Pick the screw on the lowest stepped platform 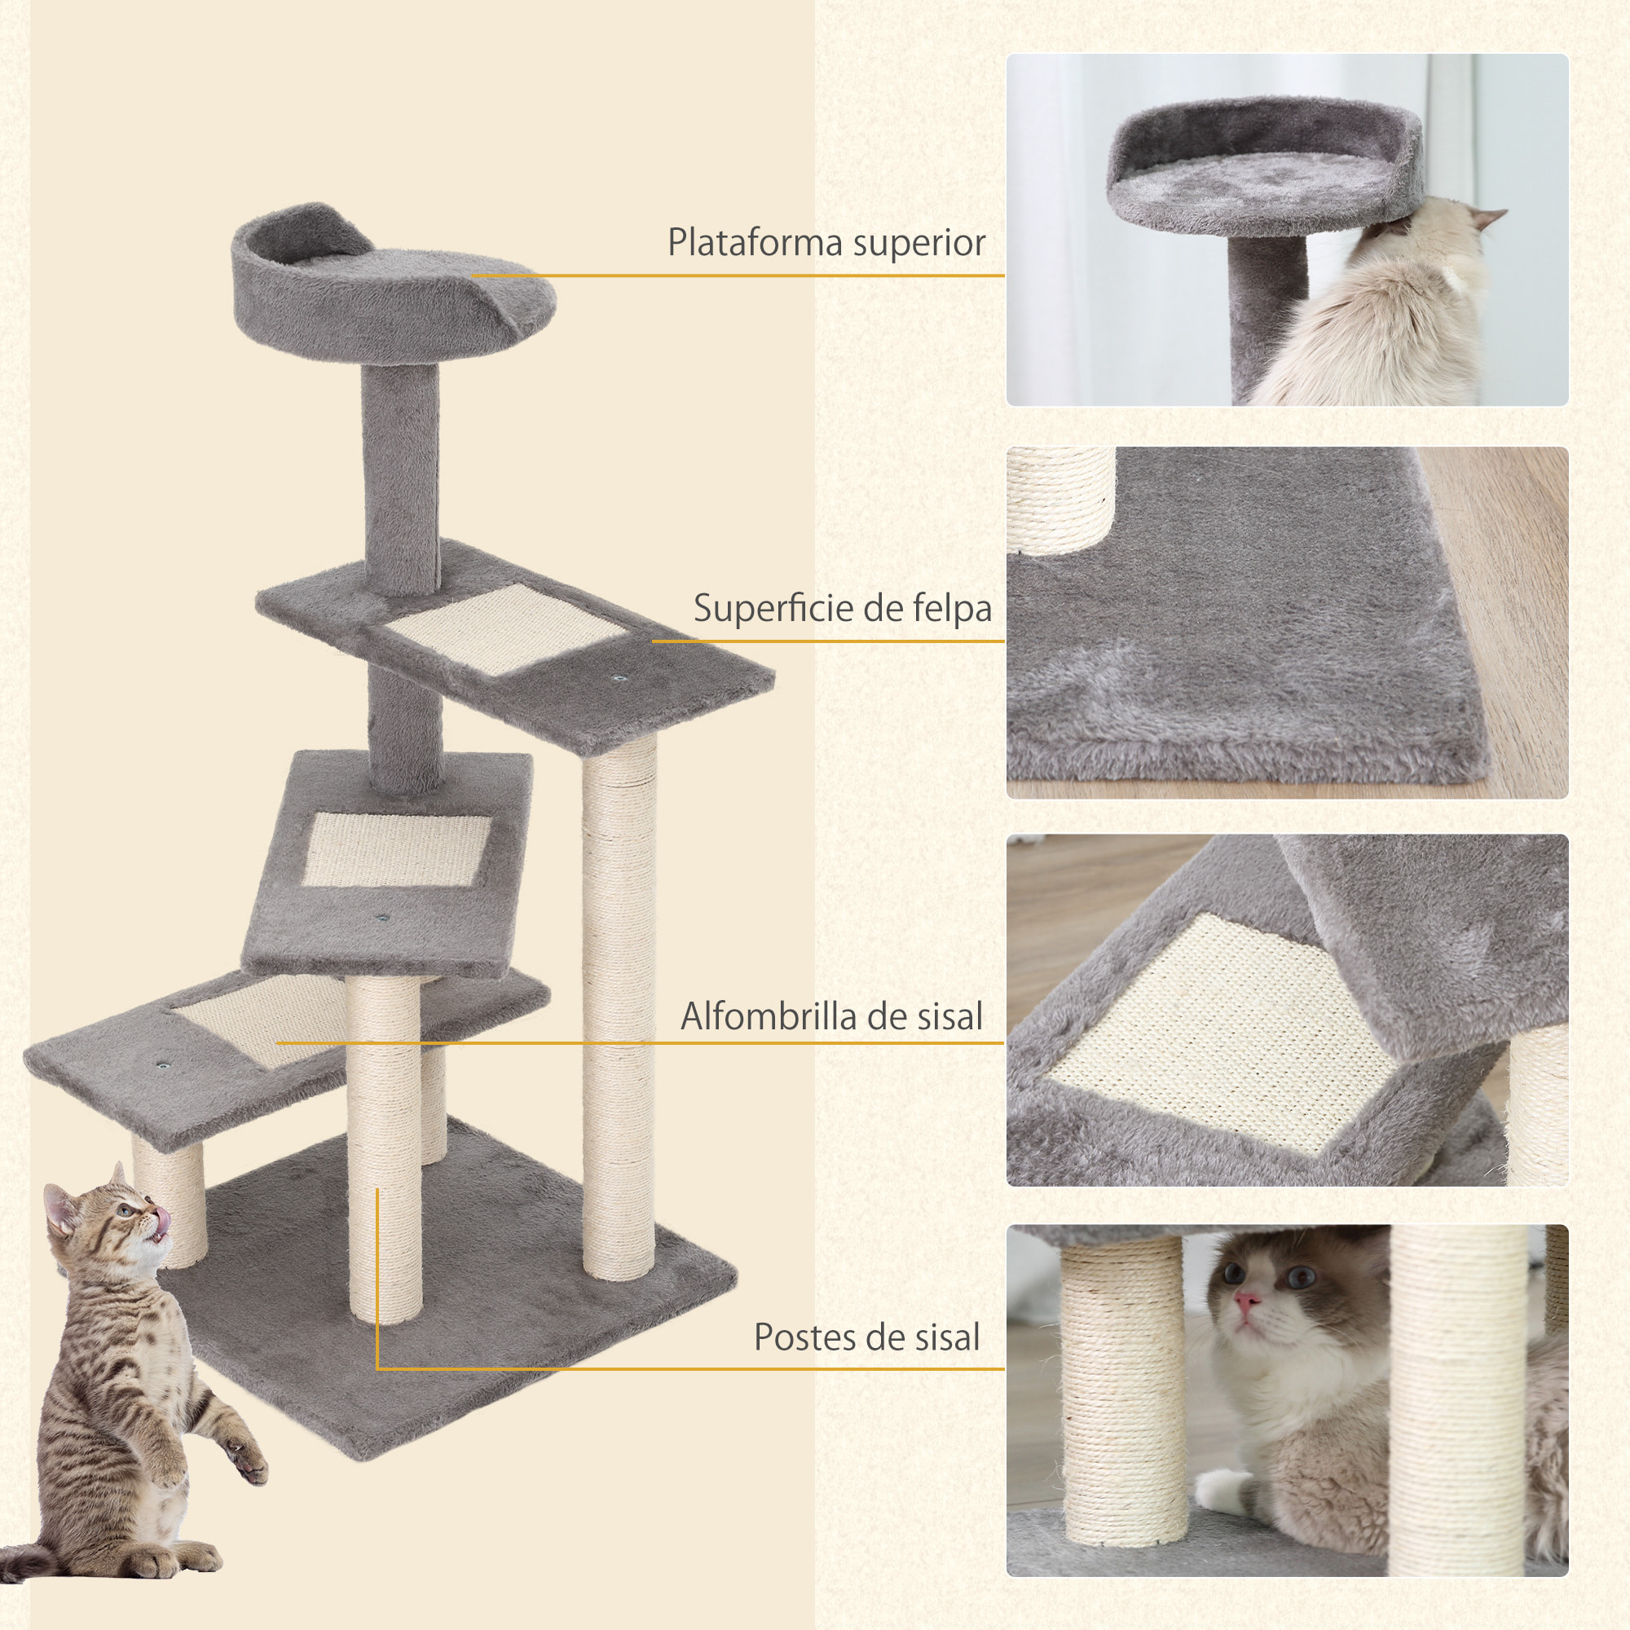tap(161, 1065)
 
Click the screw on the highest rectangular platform tap(621, 678)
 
